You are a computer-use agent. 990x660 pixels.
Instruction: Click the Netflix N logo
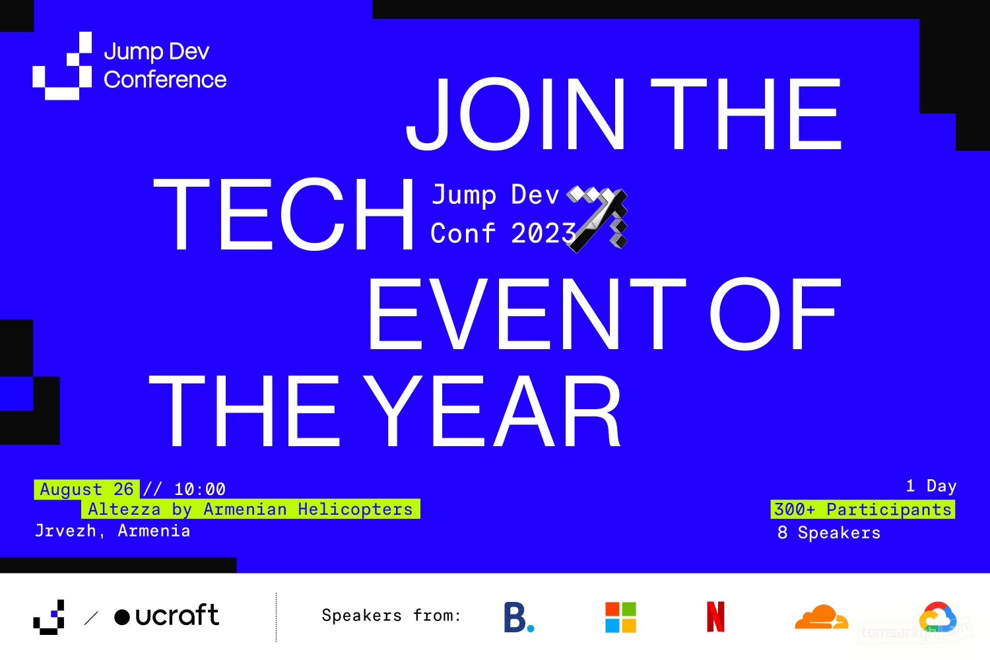pyautogui.click(x=715, y=616)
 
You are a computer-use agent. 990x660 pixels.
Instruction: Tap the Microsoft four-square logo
pyautogui.click(x=620, y=617)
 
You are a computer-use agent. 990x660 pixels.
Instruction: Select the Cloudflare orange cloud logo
pyautogui.click(x=821, y=616)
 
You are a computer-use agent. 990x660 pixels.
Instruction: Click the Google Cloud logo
pyautogui.click(x=938, y=617)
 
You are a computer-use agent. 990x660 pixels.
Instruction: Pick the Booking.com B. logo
pyautogui.click(x=519, y=617)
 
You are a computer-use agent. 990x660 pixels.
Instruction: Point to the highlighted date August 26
pyautogui.click(x=86, y=489)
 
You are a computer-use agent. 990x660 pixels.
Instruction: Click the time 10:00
pyautogui.click(x=200, y=489)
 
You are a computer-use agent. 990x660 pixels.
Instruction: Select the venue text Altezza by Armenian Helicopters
pyautogui.click(x=251, y=510)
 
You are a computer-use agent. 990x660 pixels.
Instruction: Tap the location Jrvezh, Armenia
pyautogui.click(x=112, y=531)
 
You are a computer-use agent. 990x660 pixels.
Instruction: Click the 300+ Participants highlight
pyautogui.click(x=863, y=510)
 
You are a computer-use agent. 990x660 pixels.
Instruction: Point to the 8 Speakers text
pyautogui.click(x=829, y=533)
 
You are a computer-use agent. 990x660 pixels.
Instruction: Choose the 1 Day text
pyautogui.click(x=931, y=486)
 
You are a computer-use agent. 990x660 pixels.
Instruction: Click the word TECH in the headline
pyautogui.click(x=283, y=214)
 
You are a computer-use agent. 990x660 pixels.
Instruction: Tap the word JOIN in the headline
pyautogui.click(x=515, y=114)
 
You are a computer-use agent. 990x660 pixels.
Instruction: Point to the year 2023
pyautogui.click(x=544, y=233)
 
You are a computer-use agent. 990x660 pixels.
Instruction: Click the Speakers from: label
pyautogui.click(x=391, y=615)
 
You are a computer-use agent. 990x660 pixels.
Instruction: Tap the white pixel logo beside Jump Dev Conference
pyautogui.click(x=62, y=65)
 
